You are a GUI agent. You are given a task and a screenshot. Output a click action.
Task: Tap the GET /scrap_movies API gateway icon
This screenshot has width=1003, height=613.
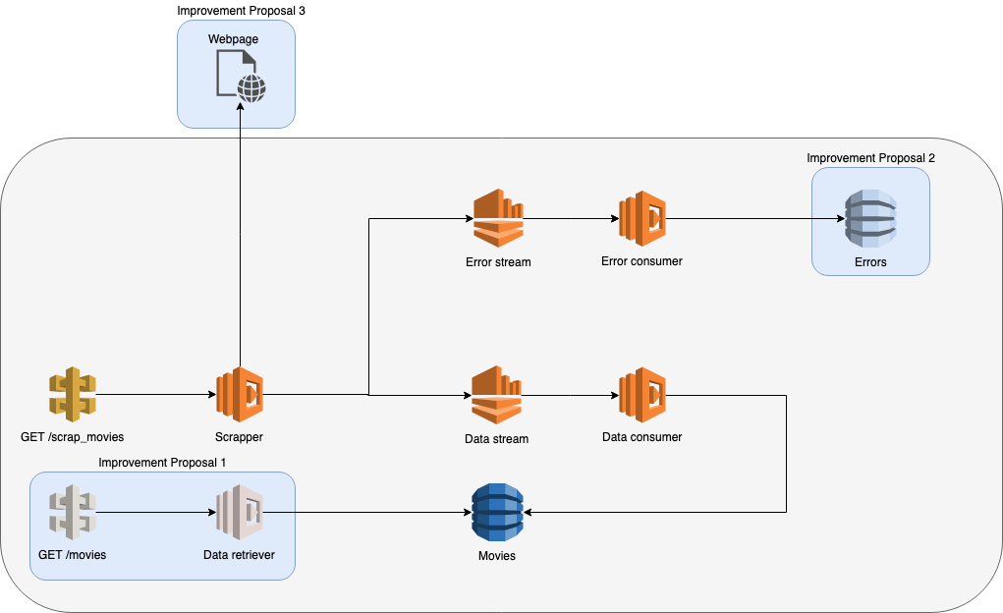click(x=73, y=395)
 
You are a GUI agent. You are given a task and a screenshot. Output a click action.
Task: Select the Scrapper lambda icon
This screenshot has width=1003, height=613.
click(x=240, y=395)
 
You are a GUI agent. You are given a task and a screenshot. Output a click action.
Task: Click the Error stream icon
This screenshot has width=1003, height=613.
click(x=498, y=218)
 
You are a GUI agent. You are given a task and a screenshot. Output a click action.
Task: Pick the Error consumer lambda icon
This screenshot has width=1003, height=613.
click(x=642, y=218)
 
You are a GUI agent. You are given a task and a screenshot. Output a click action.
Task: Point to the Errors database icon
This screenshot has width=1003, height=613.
click(x=870, y=219)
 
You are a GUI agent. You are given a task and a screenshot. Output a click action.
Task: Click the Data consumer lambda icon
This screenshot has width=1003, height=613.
click(x=642, y=395)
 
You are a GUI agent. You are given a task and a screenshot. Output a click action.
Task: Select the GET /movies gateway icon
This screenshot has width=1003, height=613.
click(x=73, y=512)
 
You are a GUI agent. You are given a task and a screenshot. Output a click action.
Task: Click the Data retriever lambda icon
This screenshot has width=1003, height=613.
click(x=240, y=512)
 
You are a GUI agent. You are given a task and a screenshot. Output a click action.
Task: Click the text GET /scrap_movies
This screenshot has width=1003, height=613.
click(x=73, y=436)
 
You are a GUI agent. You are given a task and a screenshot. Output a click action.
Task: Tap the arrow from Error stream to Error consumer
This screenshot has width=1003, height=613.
click(x=571, y=218)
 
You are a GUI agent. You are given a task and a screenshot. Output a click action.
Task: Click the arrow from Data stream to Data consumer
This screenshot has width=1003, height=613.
click(x=571, y=395)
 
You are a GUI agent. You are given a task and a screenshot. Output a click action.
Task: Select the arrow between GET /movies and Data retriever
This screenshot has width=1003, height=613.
click(x=157, y=512)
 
